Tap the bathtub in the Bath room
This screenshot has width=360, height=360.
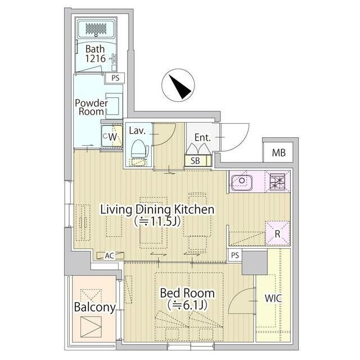click(x=96, y=29)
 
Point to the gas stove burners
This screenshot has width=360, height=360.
click(x=277, y=182)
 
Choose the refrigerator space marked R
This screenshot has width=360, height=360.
click(x=277, y=233)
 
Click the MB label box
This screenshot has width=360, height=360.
click(x=278, y=152)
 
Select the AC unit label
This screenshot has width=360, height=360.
click(x=110, y=255)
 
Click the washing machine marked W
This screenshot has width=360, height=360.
click(x=112, y=136)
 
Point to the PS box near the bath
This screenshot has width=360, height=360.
click(x=115, y=78)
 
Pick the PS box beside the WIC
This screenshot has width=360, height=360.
click(x=235, y=255)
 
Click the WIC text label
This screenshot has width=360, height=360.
click(x=273, y=298)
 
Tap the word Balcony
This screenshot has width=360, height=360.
click(x=95, y=307)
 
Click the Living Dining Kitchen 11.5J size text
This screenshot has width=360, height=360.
click(x=157, y=221)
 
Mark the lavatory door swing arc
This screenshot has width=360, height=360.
click(x=170, y=138)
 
